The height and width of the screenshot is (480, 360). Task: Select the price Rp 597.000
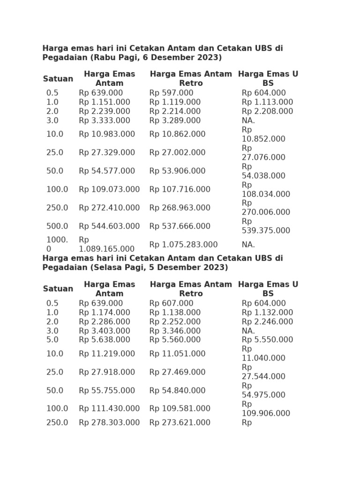(171, 93)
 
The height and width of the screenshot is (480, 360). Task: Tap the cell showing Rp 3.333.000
(104, 120)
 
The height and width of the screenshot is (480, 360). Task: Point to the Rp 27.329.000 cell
(106, 153)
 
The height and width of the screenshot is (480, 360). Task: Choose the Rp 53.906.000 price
(177, 171)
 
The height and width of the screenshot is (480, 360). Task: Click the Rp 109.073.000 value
(109, 189)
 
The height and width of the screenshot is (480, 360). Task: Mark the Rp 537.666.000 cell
(180, 226)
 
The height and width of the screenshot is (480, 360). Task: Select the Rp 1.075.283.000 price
(183, 245)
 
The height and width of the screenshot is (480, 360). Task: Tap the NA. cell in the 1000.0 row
(248, 245)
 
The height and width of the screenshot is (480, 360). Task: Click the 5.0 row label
(52, 340)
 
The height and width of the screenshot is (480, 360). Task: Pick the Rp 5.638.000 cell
(104, 340)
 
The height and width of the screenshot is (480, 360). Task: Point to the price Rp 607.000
(171, 304)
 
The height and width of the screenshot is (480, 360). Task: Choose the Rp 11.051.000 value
(177, 354)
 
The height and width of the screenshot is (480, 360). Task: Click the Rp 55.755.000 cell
(106, 390)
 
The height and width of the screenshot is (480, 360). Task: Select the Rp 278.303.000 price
(109, 423)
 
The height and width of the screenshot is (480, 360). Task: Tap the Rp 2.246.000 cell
(267, 322)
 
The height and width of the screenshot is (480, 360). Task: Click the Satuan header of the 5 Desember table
(58, 289)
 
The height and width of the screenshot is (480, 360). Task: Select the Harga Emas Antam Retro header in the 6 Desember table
(191, 79)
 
